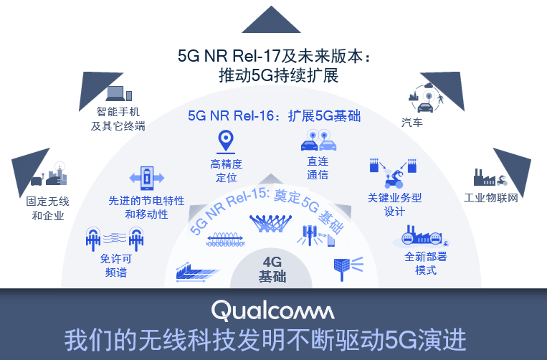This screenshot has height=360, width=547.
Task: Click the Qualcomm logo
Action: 272,310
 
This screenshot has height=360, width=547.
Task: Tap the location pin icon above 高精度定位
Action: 227,140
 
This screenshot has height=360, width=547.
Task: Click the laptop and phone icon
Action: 118,93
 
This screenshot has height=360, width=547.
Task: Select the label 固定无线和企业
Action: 48,208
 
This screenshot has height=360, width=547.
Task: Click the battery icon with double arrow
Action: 147,177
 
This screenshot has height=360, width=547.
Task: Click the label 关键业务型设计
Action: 394,204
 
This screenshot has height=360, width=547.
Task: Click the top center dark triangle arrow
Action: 272,20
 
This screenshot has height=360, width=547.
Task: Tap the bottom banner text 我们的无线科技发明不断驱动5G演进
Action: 273,338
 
